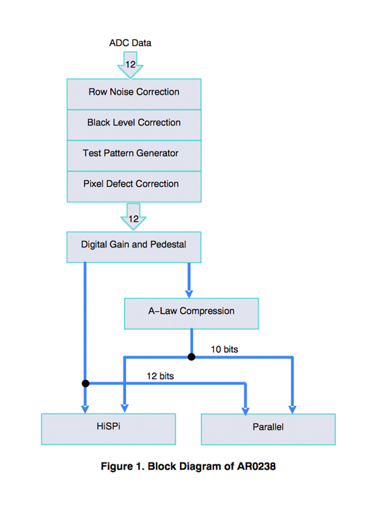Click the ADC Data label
click(x=130, y=43)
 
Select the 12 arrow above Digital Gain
click(x=133, y=217)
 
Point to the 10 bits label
click(x=224, y=349)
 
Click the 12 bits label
click(x=160, y=376)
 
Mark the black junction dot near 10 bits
click(x=191, y=357)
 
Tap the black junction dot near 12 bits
click(x=85, y=383)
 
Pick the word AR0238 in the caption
click(x=257, y=466)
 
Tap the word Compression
click(x=207, y=311)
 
